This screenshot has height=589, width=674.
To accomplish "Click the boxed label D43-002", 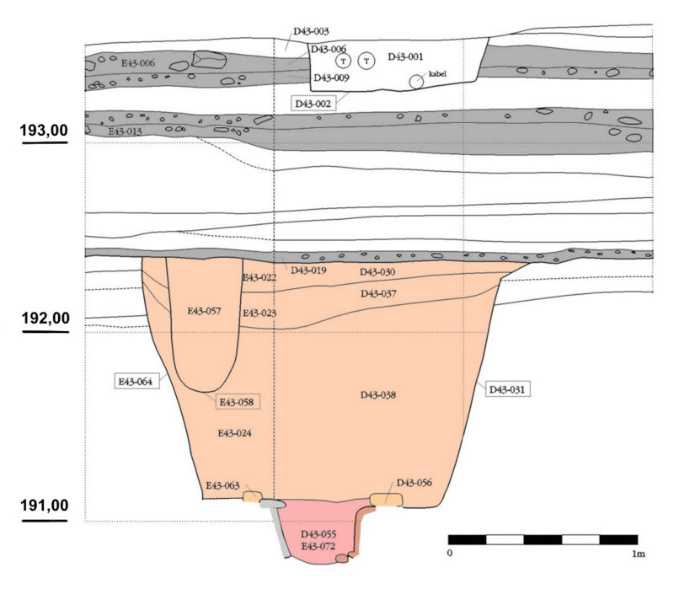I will coord(313,103).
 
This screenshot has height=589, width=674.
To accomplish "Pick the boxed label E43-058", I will coord(237,402).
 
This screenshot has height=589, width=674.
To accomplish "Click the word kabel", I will coord(437,75).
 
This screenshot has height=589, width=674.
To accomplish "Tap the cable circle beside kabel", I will coord(417,82).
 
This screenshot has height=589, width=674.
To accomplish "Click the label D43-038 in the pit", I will coord(377,394).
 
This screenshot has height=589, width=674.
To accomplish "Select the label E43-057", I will coord(203,311).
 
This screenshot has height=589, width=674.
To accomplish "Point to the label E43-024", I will coord(235,433).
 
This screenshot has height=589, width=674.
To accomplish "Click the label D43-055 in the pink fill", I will coord(318,535).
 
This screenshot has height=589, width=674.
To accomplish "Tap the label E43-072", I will coord(318,547).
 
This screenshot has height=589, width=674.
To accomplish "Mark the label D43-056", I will coord(414,483).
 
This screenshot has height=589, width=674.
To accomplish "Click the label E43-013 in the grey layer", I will coord(126,131).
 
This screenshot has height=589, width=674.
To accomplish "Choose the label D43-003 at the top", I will coord(311,31).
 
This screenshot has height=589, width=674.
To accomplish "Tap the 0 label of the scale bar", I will coord(450,554).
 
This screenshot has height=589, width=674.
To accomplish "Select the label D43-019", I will coord(308,270).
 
